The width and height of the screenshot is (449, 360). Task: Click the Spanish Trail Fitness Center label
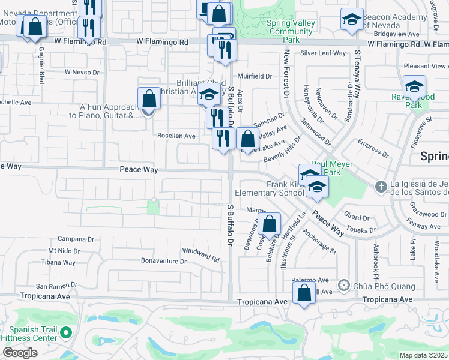tap(33, 334)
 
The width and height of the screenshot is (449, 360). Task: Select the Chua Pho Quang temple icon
tap(344, 284)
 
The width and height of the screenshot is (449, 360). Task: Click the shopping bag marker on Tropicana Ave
tap(304, 293)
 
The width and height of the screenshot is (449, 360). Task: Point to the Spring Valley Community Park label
tap(290, 31)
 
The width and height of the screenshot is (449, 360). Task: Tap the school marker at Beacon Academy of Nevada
tap(352, 20)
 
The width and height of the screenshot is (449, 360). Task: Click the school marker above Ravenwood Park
tap(414, 87)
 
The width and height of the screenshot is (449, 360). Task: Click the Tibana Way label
tap(58, 262)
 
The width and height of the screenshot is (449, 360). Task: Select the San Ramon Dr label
tap(58, 286)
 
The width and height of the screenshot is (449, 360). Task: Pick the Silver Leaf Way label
tap(323, 53)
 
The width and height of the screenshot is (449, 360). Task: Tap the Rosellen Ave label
tap(176, 136)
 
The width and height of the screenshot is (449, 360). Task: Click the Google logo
tap(20, 353)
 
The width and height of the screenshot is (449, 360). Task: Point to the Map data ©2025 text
tap(424, 355)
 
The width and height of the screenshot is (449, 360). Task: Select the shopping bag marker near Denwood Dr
tap(271, 224)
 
